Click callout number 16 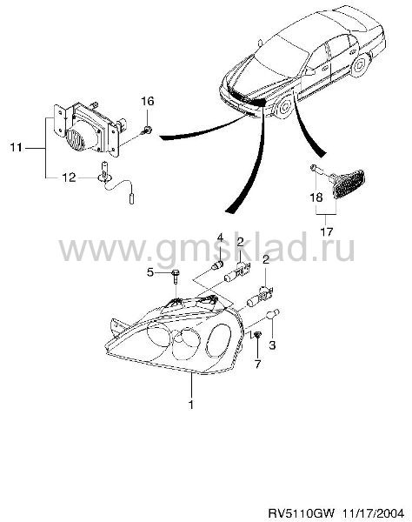tap(148, 101)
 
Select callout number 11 tap(16, 147)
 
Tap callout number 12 tap(70, 177)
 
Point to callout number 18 tap(316, 197)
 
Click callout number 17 tap(327, 231)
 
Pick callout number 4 tap(220, 238)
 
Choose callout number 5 tap(150, 272)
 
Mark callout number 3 tap(272, 345)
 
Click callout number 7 tap(258, 365)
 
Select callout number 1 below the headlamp tap(191, 405)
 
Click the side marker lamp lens tap(349, 184)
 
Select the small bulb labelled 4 tap(218, 266)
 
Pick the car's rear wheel tap(360, 65)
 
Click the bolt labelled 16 tap(147, 130)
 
